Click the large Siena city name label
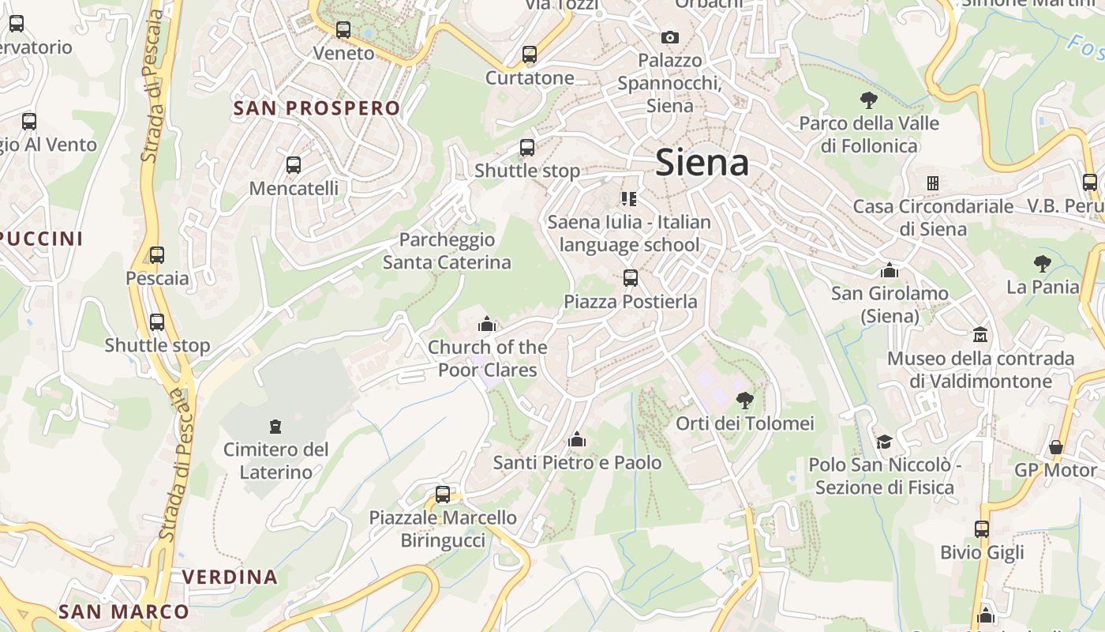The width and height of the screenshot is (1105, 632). (x=702, y=163)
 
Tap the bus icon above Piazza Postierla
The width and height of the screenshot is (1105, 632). (x=630, y=278)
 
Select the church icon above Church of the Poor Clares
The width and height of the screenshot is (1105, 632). (x=487, y=324)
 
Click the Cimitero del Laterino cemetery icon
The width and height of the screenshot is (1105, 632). (x=275, y=427)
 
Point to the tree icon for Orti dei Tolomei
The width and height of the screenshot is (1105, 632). (x=744, y=401)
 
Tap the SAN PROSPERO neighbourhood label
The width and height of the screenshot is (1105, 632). (x=317, y=108)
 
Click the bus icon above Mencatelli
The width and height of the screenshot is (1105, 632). (x=294, y=165)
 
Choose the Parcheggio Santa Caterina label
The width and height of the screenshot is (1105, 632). (x=447, y=250)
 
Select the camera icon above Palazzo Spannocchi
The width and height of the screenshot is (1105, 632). (x=669, y=37)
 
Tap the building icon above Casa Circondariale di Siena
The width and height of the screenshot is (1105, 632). (x=933, y=183)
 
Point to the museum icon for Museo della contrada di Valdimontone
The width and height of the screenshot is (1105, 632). (x=980, y=335)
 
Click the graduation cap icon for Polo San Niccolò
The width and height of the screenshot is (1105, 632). (x=884, y=442)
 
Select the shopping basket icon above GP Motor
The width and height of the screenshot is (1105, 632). (x=1056, y=447)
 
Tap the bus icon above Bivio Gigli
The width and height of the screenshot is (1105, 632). (x=982, y=529)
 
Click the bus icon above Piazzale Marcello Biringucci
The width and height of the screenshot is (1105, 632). (x=443, y=495)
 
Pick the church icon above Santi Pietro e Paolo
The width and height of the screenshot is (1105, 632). (x=577, y=439)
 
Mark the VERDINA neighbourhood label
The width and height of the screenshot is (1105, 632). (x=230, y=577)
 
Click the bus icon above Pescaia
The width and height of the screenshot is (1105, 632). (x=157, y=255)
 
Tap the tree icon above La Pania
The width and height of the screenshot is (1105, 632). (x=1042, y=264)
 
